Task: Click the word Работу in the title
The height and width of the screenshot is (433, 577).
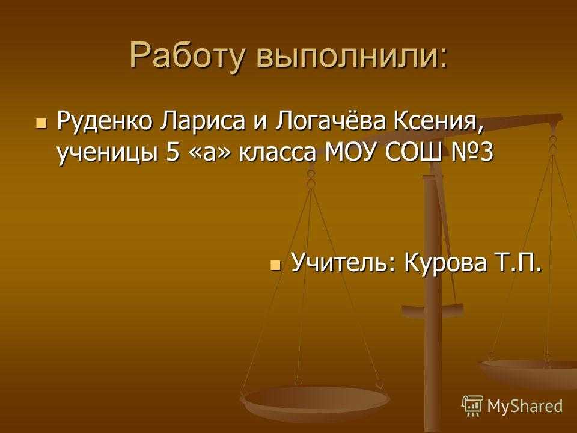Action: (x=186, y=55)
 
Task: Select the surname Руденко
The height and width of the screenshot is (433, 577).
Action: (x=104, y=122)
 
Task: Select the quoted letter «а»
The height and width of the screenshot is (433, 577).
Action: (x=209, y=152)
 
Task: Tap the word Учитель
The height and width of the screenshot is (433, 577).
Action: (x=343, y=262)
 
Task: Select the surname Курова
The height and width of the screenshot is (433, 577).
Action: (x=445, y=262)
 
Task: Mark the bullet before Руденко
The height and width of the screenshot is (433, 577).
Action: (x=41, y=123)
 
